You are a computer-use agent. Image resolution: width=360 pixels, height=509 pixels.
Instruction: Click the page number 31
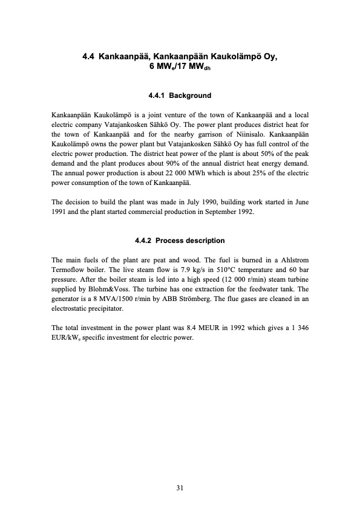(180, 487)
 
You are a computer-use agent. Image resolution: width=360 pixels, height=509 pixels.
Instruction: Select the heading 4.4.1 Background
(180, 96)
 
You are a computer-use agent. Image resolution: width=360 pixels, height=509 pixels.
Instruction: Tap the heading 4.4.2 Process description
(180, 241)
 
